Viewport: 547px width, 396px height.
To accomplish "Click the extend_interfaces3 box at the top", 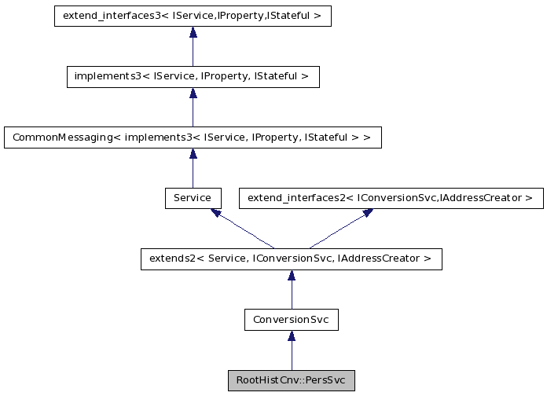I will [x=193, y=16].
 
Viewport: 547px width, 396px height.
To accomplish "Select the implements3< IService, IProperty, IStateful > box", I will [x=193, y=76].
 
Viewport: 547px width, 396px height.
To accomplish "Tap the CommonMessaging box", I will [x=193, y=137].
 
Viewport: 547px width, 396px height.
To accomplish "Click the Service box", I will [x=193, y=198].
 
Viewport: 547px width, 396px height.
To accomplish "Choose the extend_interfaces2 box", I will [x=391, y=198].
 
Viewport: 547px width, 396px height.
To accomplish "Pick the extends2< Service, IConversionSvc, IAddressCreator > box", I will [x=291, y=258].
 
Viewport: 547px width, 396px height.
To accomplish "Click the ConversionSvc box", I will [x=291, y=320].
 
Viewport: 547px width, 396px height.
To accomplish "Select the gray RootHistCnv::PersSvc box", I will [x=291, y=380].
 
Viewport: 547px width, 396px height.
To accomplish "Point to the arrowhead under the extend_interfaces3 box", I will [x=193, y=33].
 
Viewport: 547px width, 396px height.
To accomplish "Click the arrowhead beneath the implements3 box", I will [x=193, y=93].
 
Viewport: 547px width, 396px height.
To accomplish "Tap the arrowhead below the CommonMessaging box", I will [x=193, y=154].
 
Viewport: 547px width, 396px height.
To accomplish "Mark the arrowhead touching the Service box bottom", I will [x=215, y=213].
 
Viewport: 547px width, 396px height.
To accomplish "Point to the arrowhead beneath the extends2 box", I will [x=291, y=276].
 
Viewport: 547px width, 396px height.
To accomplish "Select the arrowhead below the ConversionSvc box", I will [x=291, y=336].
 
